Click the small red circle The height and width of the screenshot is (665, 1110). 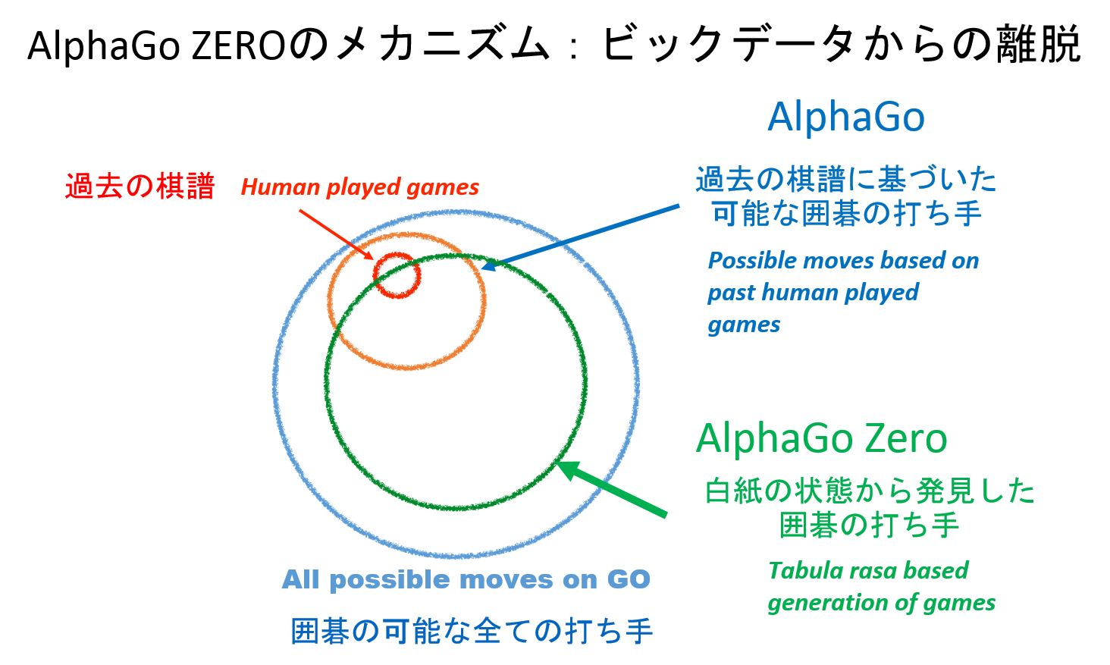tap(397, 275)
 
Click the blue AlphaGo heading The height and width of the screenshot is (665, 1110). tap(846, 118)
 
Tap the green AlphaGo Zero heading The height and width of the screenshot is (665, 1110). tap(822, 438)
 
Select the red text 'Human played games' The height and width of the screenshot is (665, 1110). tap(359, 188)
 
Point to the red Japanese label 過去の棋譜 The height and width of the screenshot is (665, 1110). tap(140, 187)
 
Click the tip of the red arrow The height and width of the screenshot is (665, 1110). tap(374, 259)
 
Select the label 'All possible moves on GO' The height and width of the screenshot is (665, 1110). tap(466, 579)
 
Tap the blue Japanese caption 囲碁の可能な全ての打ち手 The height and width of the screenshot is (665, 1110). tap(472, 632)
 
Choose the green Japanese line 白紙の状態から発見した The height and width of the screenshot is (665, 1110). tap(870, 491)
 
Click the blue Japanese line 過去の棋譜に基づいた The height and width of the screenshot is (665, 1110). tap(846, 179)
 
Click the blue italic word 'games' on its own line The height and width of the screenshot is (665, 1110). tap(744, 325)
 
